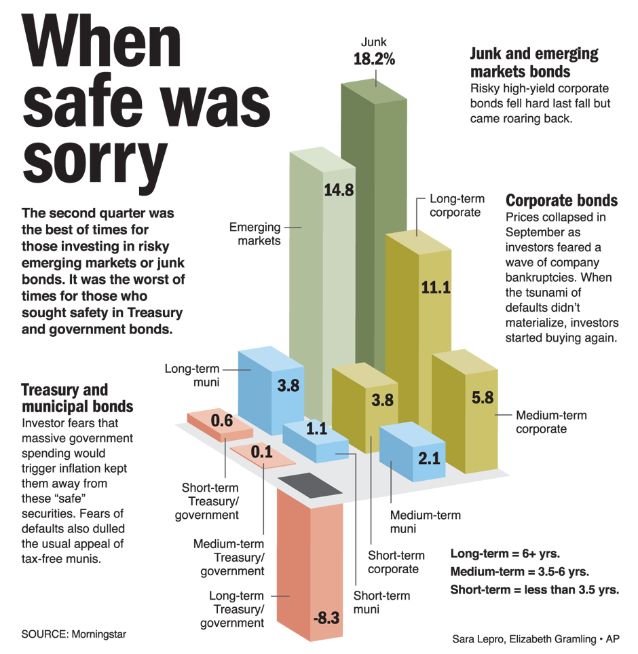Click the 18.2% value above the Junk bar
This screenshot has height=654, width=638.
[x=374, y=59]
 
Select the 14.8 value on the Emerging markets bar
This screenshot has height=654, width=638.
[x=338, y=190]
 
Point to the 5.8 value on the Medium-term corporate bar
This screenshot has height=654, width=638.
[x=483, y=397]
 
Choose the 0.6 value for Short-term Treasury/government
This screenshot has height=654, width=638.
[x=222, y=421]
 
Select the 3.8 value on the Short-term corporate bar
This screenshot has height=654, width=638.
[x=383, y=400]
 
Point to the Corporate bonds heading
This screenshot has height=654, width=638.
[x=562, y=201]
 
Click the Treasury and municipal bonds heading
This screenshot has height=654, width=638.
[x=77, y=398]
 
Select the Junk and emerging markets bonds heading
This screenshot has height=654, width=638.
[x=535, y=63]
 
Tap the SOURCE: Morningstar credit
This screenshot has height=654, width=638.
[x=74, y=634]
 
